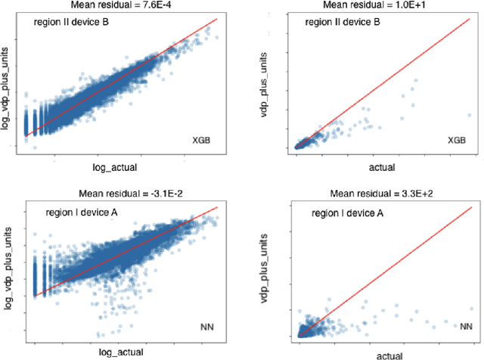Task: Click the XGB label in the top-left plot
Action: click(203, 141)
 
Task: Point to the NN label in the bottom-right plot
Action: click(461, 326)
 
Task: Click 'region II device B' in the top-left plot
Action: click(71, 22)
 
